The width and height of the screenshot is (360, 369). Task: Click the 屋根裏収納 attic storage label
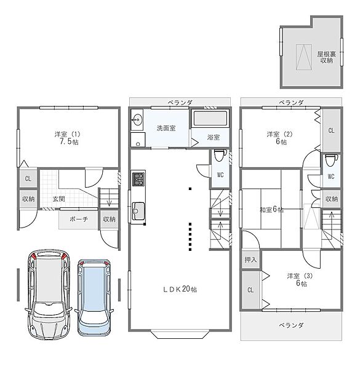(326, 57)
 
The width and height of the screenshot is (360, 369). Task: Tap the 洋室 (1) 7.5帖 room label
(68, 138)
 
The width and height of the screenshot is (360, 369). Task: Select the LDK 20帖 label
(180, 289)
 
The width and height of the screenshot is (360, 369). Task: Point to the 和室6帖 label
(271, 210)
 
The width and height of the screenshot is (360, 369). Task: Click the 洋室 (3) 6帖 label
(300, 280)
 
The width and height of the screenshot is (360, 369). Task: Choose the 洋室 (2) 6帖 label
(280, 138)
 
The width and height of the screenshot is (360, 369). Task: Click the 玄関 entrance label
(58, 199)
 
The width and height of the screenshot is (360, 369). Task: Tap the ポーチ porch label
(79, 219)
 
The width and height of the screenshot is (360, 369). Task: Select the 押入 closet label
(250, 260)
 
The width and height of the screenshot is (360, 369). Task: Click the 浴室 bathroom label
(214, 137)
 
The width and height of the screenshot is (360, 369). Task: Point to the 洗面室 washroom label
(166, 129)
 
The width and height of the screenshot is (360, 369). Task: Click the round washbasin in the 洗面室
(137, 120)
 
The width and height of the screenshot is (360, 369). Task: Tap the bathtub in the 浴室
(210, 118)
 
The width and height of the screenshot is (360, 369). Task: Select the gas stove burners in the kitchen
(138, 179)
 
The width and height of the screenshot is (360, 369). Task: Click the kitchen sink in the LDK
(138, 211)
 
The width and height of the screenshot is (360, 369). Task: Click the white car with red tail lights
(49, 295)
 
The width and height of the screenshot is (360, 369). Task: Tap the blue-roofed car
(94, 298)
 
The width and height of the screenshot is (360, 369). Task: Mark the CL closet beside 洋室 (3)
(250, 290)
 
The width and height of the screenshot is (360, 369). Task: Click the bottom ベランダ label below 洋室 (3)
(291, 325)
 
